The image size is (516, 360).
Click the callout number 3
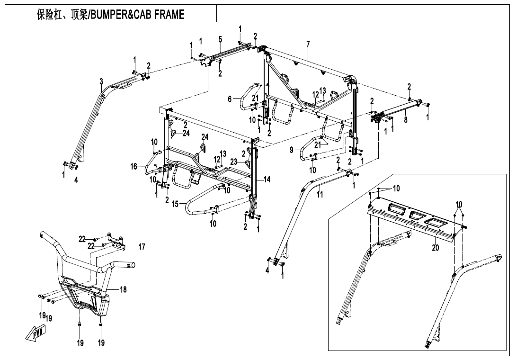[101, 81]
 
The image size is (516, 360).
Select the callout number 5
[220, 39]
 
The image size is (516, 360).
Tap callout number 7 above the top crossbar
[308, 44]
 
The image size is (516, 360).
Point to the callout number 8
[406, 120]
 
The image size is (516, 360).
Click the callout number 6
[230, 99]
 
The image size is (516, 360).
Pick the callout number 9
[292, 150]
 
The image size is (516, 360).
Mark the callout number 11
[320, 194]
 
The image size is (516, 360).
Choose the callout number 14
[267, 180]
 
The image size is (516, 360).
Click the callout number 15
[175, 204]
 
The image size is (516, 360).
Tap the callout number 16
[134, 166]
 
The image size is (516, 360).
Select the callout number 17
[142, 246]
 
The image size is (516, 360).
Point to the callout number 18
[123, 289]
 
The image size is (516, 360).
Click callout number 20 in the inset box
[436, 247]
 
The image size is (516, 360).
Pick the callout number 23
[234, 162]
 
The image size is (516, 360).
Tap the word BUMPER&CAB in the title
[120, 15]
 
